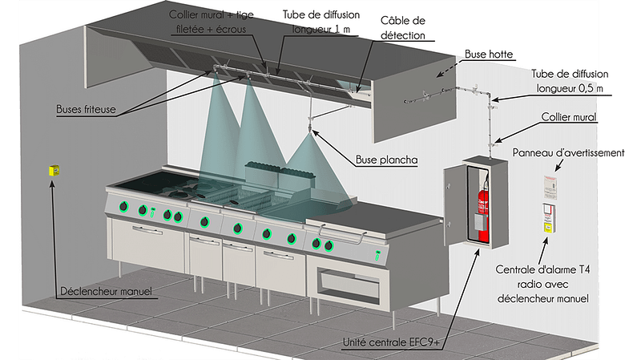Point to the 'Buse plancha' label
coord(386,160)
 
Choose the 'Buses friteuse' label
coord(85,107)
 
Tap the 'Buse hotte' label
coord(488,55)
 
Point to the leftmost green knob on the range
coord(123,210)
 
